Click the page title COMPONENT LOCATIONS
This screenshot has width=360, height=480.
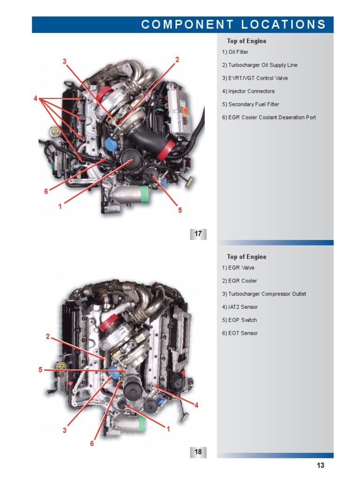(233, 25)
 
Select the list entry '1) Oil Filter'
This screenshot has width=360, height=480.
(235, 52)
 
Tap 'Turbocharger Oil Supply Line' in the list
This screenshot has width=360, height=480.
(260, 65)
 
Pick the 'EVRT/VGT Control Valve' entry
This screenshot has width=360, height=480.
(255, 78)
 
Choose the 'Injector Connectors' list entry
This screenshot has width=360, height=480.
(248, 91)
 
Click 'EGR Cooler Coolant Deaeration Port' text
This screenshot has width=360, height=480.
(269, 118)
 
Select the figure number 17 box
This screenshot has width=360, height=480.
(198, 234)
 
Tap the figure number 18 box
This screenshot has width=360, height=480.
(198, 452)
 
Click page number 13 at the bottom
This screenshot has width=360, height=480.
(320, 465)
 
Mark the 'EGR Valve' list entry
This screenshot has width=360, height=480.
(238, 268)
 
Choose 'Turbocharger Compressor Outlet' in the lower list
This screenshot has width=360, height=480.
(264, 294)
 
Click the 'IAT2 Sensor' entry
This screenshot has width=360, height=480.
(240, 307)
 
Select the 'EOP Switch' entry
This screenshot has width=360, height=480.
(240, 320)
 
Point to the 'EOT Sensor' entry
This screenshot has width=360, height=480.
(240, 333)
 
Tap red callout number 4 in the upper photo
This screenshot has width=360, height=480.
(36, 98)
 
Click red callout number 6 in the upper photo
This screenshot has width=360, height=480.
(46, 191)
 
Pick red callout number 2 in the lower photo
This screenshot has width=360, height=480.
(48, 336)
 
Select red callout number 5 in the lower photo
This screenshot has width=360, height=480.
(41, 370)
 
